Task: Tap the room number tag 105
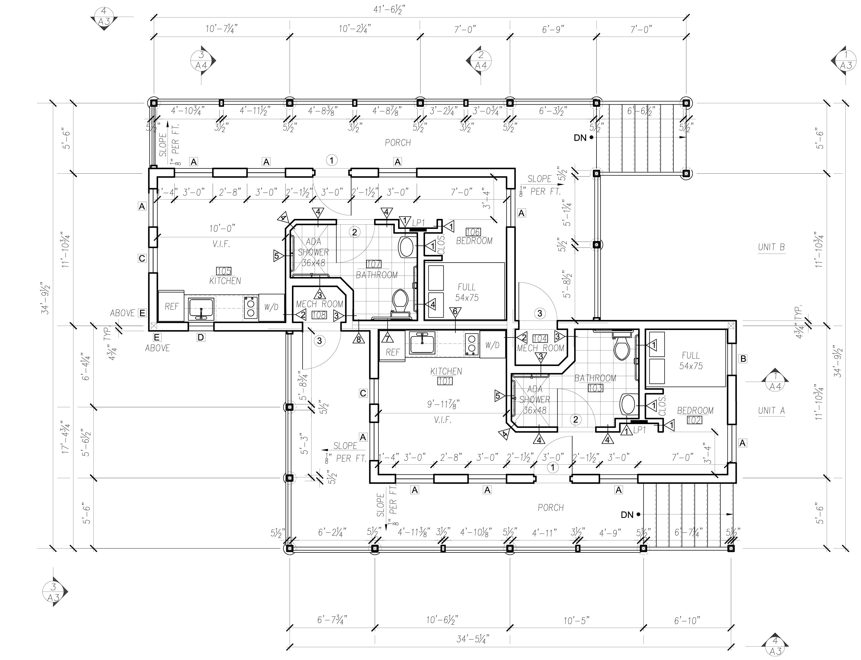click(224, 271)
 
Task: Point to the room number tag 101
click(445, 381)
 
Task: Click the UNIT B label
click(771, 247)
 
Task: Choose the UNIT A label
click(771, 411)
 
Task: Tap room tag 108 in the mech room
click(319, 315)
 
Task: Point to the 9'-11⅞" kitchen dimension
click(443, 404)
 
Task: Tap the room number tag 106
click(473, 232)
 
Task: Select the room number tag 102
click(694, 420)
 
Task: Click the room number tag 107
click(374, 264)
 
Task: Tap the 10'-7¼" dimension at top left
click(221, 29)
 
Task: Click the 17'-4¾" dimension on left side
click(66, 436)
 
